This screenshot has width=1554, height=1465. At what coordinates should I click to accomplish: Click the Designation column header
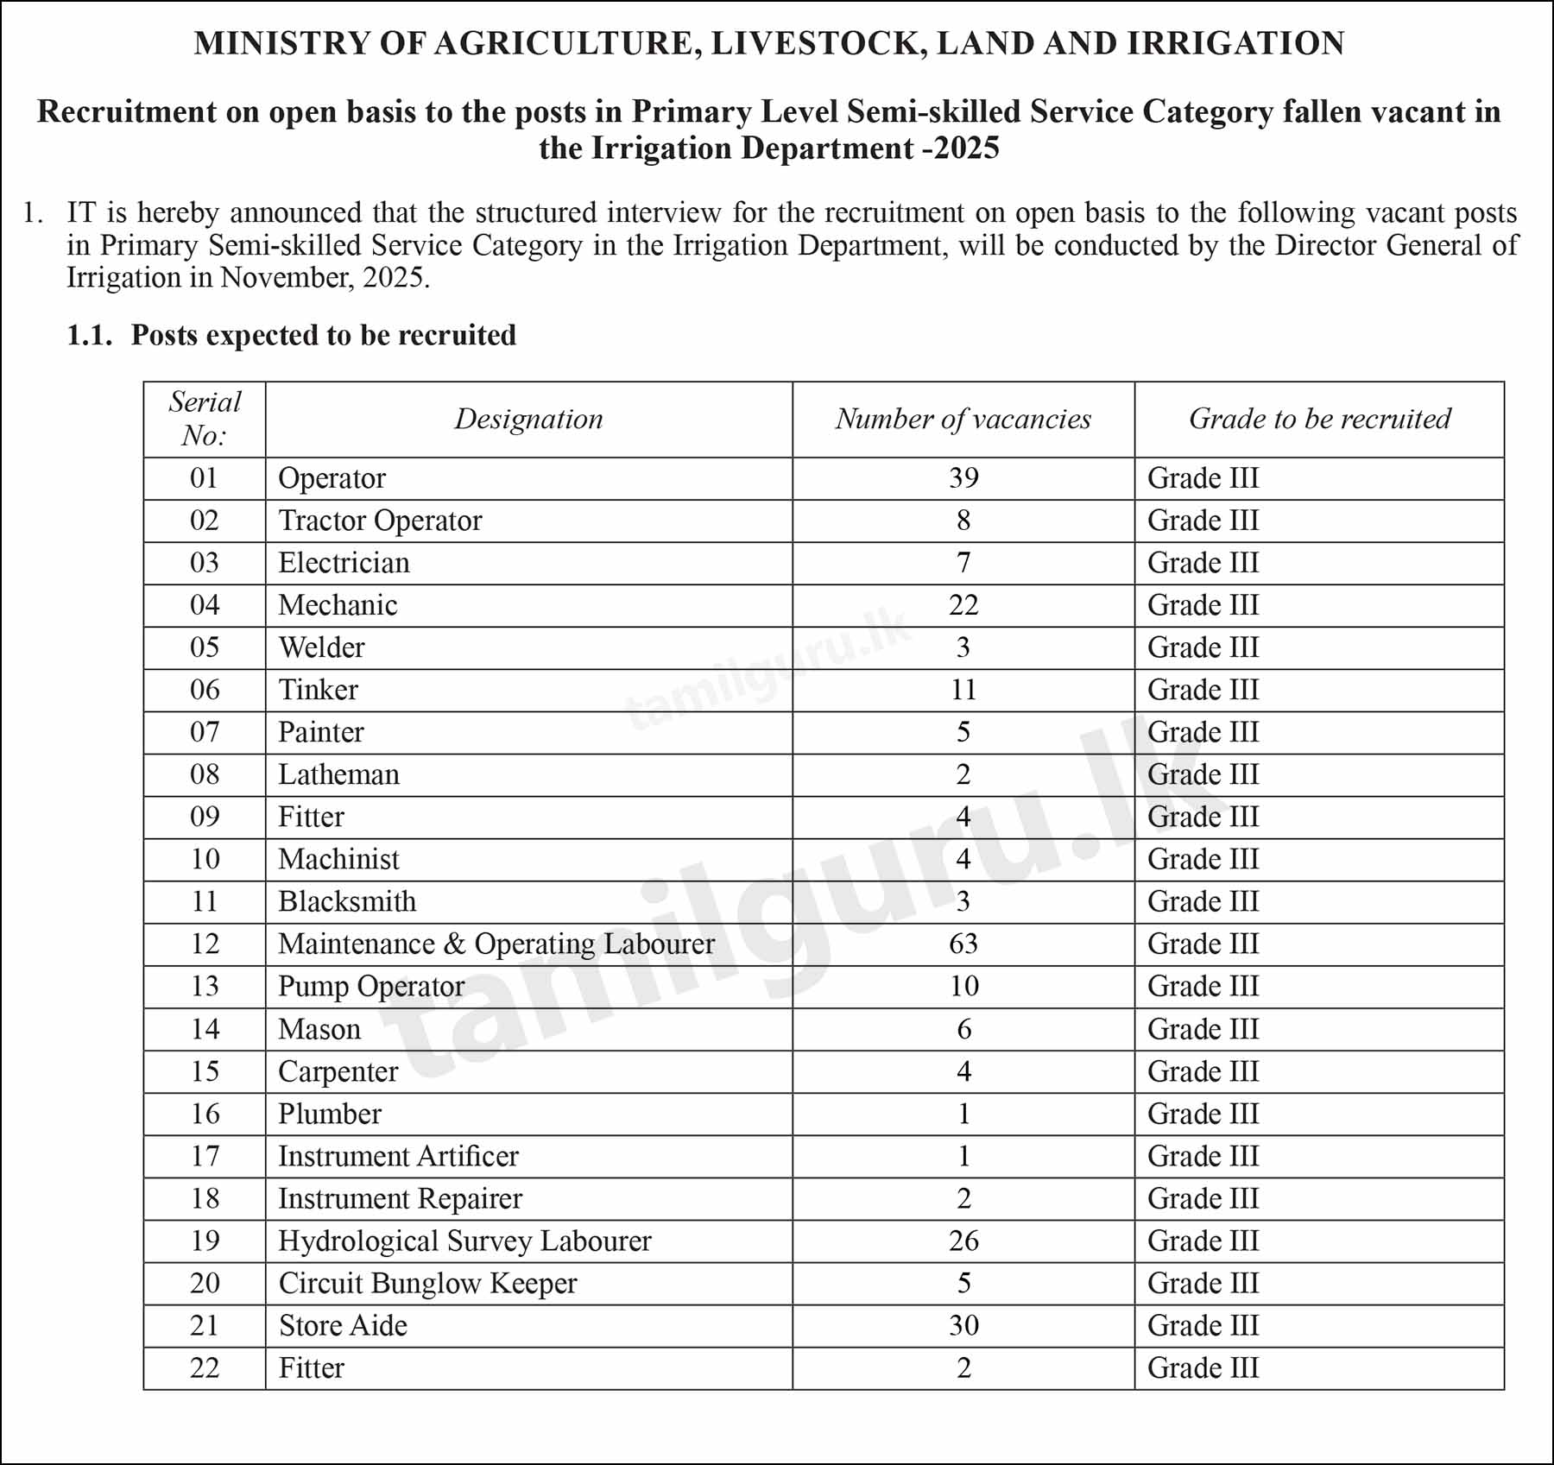point(528,420)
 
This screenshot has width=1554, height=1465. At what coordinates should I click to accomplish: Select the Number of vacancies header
point(963,420)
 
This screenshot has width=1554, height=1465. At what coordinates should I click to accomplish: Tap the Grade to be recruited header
point(1318,420)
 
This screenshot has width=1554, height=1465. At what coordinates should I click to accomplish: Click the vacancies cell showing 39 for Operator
point(963,478)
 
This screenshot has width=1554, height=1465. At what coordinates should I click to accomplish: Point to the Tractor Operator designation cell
point(380,521)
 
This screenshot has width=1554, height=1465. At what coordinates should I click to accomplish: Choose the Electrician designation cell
point(344,563)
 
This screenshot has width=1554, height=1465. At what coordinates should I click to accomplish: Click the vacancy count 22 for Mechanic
point(963,605)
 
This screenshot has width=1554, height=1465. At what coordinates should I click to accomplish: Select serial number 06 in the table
point(205,690)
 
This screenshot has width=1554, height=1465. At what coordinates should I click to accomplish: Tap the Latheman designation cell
point(338,774)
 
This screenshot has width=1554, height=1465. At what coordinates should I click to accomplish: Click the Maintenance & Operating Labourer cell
point(496,944)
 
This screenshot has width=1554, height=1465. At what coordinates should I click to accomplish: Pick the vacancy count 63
point(963,944)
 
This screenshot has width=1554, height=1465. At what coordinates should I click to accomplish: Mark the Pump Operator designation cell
point(371,986)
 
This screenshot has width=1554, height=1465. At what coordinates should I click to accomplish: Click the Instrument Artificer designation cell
point(398,1156)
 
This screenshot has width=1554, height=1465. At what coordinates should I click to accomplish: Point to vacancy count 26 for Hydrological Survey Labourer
point(963,1241)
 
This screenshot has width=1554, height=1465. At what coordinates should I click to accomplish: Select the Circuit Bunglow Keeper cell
point(427,1283)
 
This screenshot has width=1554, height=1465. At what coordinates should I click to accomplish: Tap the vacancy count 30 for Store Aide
point(963,1325)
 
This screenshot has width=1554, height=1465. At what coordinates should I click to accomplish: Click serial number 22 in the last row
point(205,1367)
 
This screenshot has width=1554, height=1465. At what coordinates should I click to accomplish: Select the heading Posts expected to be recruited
point(323,335)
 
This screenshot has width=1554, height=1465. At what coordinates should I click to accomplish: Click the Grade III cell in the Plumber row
point(1203,1114)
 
